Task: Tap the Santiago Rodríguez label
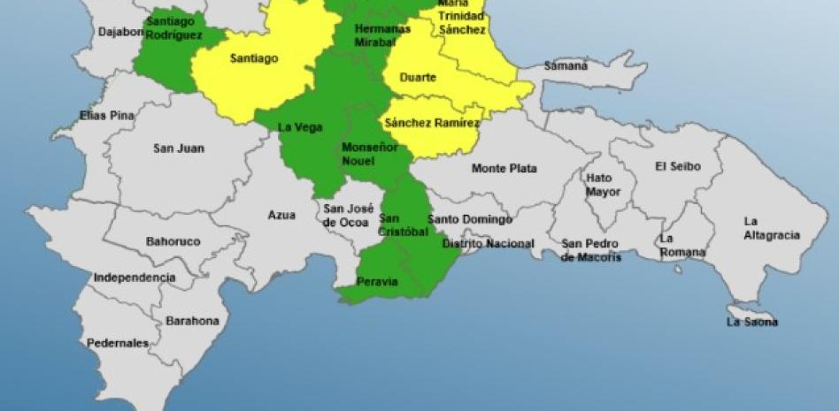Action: click(x=173, y=28)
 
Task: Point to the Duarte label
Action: click(x=418, y=78)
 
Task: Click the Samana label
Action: click(x=566, y=65)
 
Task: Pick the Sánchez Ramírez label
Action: click(x=432, y=124)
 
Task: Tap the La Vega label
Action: click(x=300, y=126)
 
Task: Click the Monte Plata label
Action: click(x=504, y=168)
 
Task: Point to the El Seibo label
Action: click(x=677, y=165)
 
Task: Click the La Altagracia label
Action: click(x=771, y=228)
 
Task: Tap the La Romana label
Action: click(x=682, y=245)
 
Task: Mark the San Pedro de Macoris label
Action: click(x=591, y=250)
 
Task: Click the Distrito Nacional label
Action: click(x=488, y=243)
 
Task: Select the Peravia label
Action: click(x=376, y=282)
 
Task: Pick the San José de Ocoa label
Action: click(x=348, y=215)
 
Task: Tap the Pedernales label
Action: click(x=117, y=343)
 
